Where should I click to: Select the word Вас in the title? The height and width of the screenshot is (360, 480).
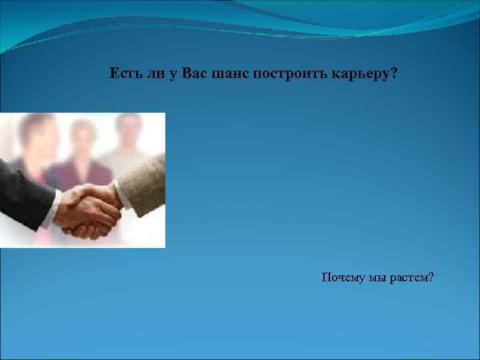click(x=182, y=73)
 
